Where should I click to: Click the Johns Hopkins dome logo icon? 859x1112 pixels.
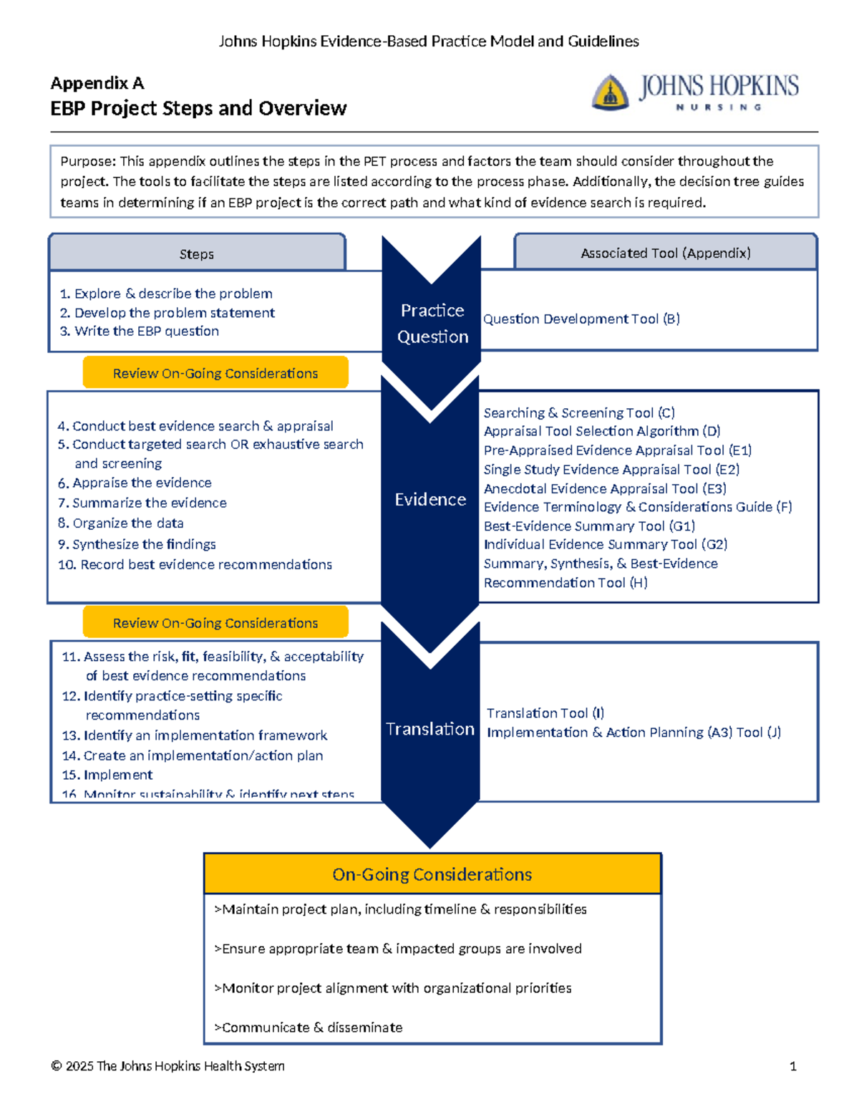[x=610, y=92]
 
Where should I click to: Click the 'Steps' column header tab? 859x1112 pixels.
[x=197, y=254]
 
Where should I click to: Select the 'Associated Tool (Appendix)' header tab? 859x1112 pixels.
[x=666, y=253]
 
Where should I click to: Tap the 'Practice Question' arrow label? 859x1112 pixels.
[x=432, y=324]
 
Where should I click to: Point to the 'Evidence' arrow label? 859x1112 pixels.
[x=430, y=499]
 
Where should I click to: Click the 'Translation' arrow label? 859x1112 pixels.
[x=430, y=729]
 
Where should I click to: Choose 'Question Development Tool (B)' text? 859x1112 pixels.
[x=581, y=319]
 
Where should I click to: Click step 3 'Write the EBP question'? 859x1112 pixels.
[x=140, y=331]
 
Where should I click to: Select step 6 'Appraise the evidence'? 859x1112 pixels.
[x=135, y=483]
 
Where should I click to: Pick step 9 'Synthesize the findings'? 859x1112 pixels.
[x=137, y=544]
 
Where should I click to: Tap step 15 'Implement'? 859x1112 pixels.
[x=107, y=775]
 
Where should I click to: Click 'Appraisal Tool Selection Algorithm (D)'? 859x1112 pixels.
[x=602, y=431]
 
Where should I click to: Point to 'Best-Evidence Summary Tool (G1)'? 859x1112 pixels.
[x=589, y=526]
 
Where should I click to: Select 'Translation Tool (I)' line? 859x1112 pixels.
[x=545, y=713]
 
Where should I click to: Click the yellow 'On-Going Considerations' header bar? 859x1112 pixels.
[x=432, y=874]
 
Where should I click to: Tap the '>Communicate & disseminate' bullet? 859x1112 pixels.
[x=309, y=1028]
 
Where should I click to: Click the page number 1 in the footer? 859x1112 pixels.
[x=792, y=1066]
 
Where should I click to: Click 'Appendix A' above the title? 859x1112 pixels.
[x=97, y=83]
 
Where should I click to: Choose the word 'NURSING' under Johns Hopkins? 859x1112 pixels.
[x=719, y=107]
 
